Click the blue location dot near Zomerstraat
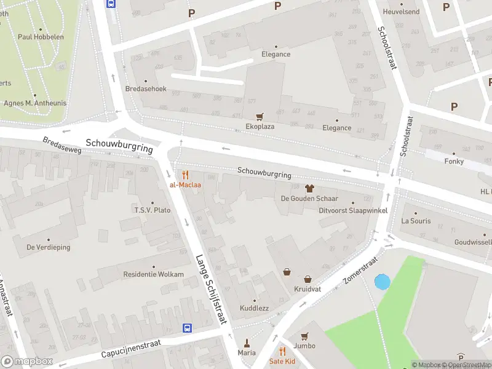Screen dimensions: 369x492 tap(382, 282)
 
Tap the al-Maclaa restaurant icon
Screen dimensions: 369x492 tap(185, 175)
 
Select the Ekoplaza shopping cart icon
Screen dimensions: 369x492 tap(260, 116)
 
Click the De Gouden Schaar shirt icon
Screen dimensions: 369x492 tap(309, 188)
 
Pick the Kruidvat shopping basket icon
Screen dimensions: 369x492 tap(287, 272)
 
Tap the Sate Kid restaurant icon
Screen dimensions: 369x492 tap(282, 351)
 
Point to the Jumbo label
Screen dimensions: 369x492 tap(304, 346)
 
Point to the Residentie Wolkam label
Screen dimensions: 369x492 tap(153, 274)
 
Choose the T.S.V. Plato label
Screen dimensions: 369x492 tap(153, 210)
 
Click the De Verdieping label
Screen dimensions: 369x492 tap(48, 247)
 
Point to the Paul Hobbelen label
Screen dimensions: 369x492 tap(41, 37)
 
